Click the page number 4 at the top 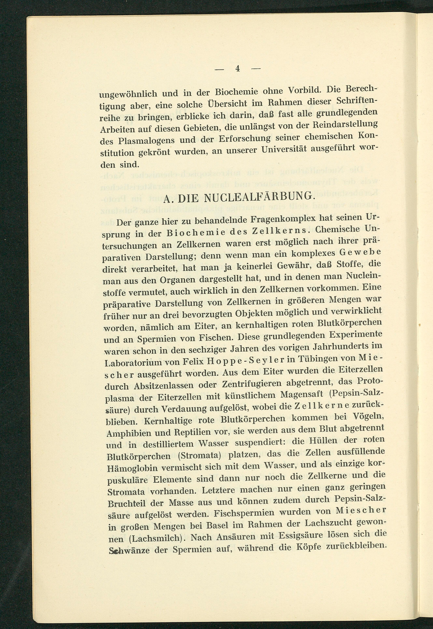click(x=237, y=69)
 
